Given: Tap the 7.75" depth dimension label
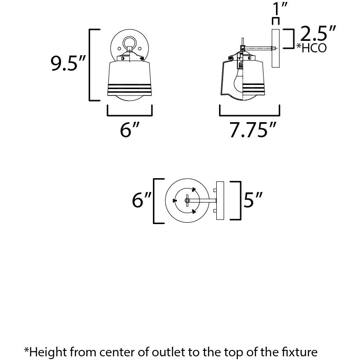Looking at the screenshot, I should point(253,130).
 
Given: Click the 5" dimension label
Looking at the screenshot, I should point(253,201).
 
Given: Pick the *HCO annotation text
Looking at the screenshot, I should point(312,48).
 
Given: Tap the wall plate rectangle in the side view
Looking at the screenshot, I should point(276,48).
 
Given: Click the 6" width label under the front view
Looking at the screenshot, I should point(129,130).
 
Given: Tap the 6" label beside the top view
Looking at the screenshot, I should point(141,201).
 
